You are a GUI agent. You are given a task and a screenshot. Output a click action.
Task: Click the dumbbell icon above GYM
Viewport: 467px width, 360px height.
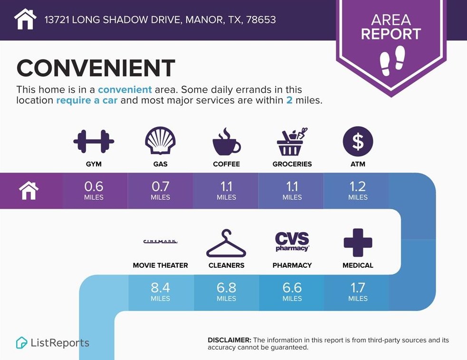click(x=94, y=141)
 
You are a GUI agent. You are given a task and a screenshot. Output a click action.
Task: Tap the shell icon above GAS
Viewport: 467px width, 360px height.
click(x=160, y=141)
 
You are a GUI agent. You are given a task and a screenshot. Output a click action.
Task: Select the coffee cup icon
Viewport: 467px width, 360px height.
click(x=226, y=142)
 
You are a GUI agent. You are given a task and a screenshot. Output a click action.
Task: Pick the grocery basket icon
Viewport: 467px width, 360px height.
click(x=292, y=142)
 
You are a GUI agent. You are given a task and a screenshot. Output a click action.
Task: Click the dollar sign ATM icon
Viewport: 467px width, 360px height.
click(x=358, y=141)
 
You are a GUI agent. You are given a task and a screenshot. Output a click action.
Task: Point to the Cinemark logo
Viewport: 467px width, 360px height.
click(x=160, y=242)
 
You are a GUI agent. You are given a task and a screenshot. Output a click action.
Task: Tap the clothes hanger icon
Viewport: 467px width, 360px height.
click(x=226, y=243)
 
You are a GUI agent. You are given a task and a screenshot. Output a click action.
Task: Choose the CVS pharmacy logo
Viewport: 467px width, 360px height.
click(x=292, y=242)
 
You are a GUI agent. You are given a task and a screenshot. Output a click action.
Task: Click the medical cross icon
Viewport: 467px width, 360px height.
click(x=358, y=243)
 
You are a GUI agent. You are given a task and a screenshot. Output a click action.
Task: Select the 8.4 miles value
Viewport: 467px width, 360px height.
click(x=160, y=292)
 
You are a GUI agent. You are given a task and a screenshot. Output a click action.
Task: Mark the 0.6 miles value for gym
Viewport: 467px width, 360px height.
click(x=94, y=190)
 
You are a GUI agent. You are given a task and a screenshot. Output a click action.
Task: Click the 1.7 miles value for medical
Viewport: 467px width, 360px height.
click(x=358, y=292)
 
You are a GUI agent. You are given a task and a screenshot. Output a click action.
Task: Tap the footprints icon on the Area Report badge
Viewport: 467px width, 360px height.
click(x=392, y=60)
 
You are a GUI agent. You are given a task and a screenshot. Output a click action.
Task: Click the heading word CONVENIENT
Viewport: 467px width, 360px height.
click(x=95, y=68)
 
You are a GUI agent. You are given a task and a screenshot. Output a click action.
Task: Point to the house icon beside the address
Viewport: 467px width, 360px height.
click(x=25, y=19)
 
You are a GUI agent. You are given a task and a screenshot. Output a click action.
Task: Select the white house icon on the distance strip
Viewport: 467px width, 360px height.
click(x=29, y=190)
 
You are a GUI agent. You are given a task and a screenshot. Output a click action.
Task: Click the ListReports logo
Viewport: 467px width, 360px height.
click(x=52, y=343)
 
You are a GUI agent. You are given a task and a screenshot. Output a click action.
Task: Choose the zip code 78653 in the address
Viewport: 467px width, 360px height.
click(x=261, y=19)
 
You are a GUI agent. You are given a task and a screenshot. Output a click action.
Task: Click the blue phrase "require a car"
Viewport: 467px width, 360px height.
click(x=86, y=100)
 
